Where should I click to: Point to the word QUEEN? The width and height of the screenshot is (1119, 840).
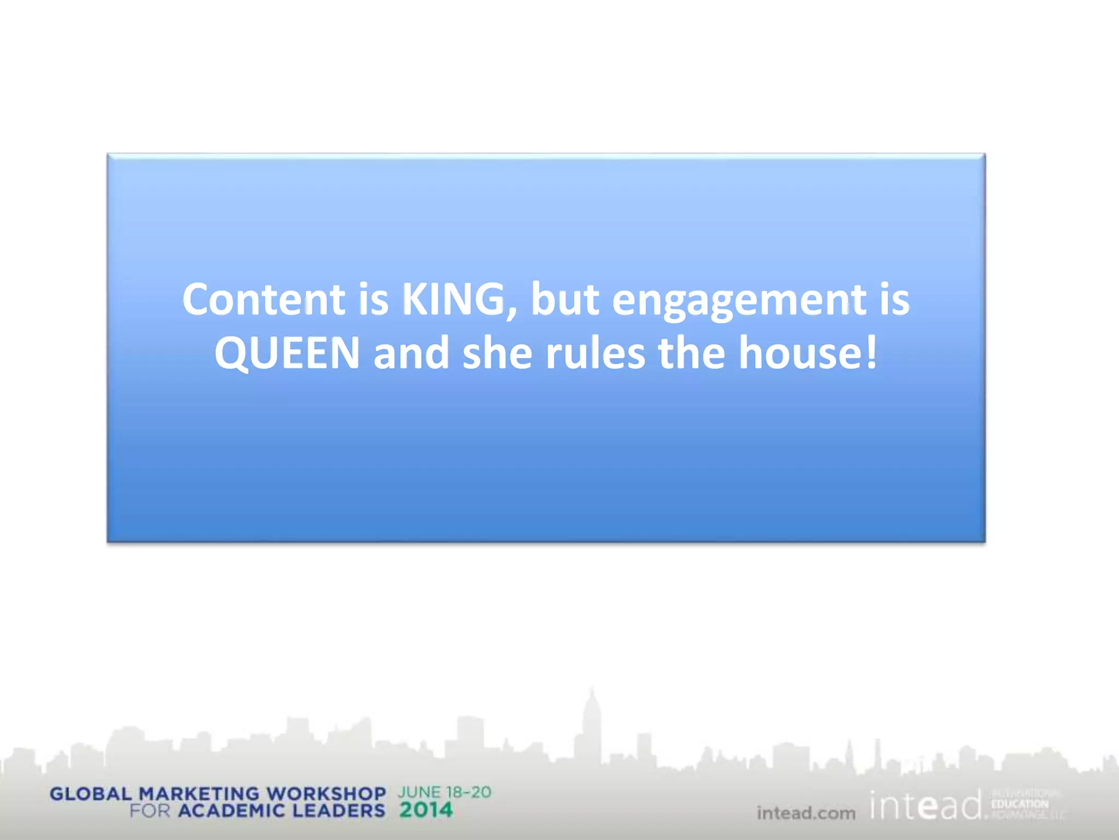pyautogui.click(x=287, y=353)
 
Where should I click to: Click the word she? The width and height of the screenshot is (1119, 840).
pyautogui.click(x=497, y=353)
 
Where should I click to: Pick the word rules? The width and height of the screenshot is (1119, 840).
pyautogui.click(x=595, y=353)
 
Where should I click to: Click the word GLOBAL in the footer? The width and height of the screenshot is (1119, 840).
pyautogui.click(x=91, y=794)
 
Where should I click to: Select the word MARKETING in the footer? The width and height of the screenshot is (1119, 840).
pyautogui.click(x=199, y=794)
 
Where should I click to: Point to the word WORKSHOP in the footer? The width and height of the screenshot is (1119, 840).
pyautogui.click(x=326, y=794)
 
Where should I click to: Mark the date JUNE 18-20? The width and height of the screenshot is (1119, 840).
pyautogui.click(x=444, y=792)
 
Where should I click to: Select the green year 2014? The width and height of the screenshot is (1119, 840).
pyautogui.click(x=426, y=810)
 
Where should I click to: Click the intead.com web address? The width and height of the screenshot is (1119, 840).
pyautogui.click(x=806, y=813)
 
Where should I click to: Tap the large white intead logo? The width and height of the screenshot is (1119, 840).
pyautogui.click(x=926, y=806)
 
